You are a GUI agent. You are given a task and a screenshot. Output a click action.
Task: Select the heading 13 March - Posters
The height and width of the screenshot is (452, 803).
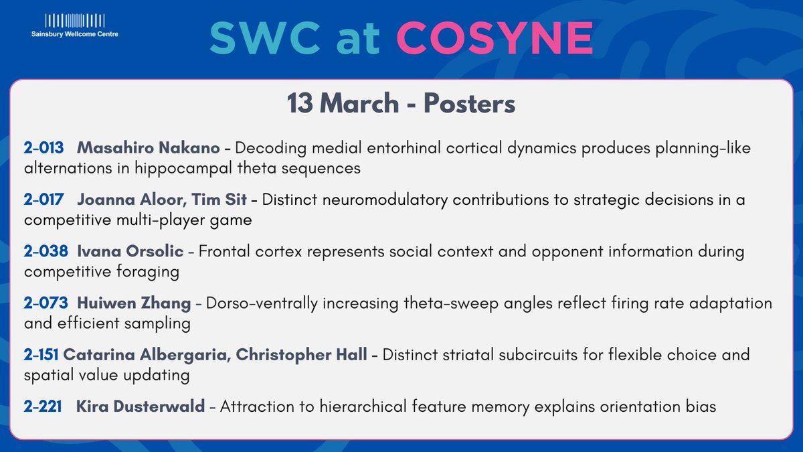(401, 104)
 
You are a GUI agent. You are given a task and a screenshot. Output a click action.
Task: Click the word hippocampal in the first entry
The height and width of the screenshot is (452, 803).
(151, 168)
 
